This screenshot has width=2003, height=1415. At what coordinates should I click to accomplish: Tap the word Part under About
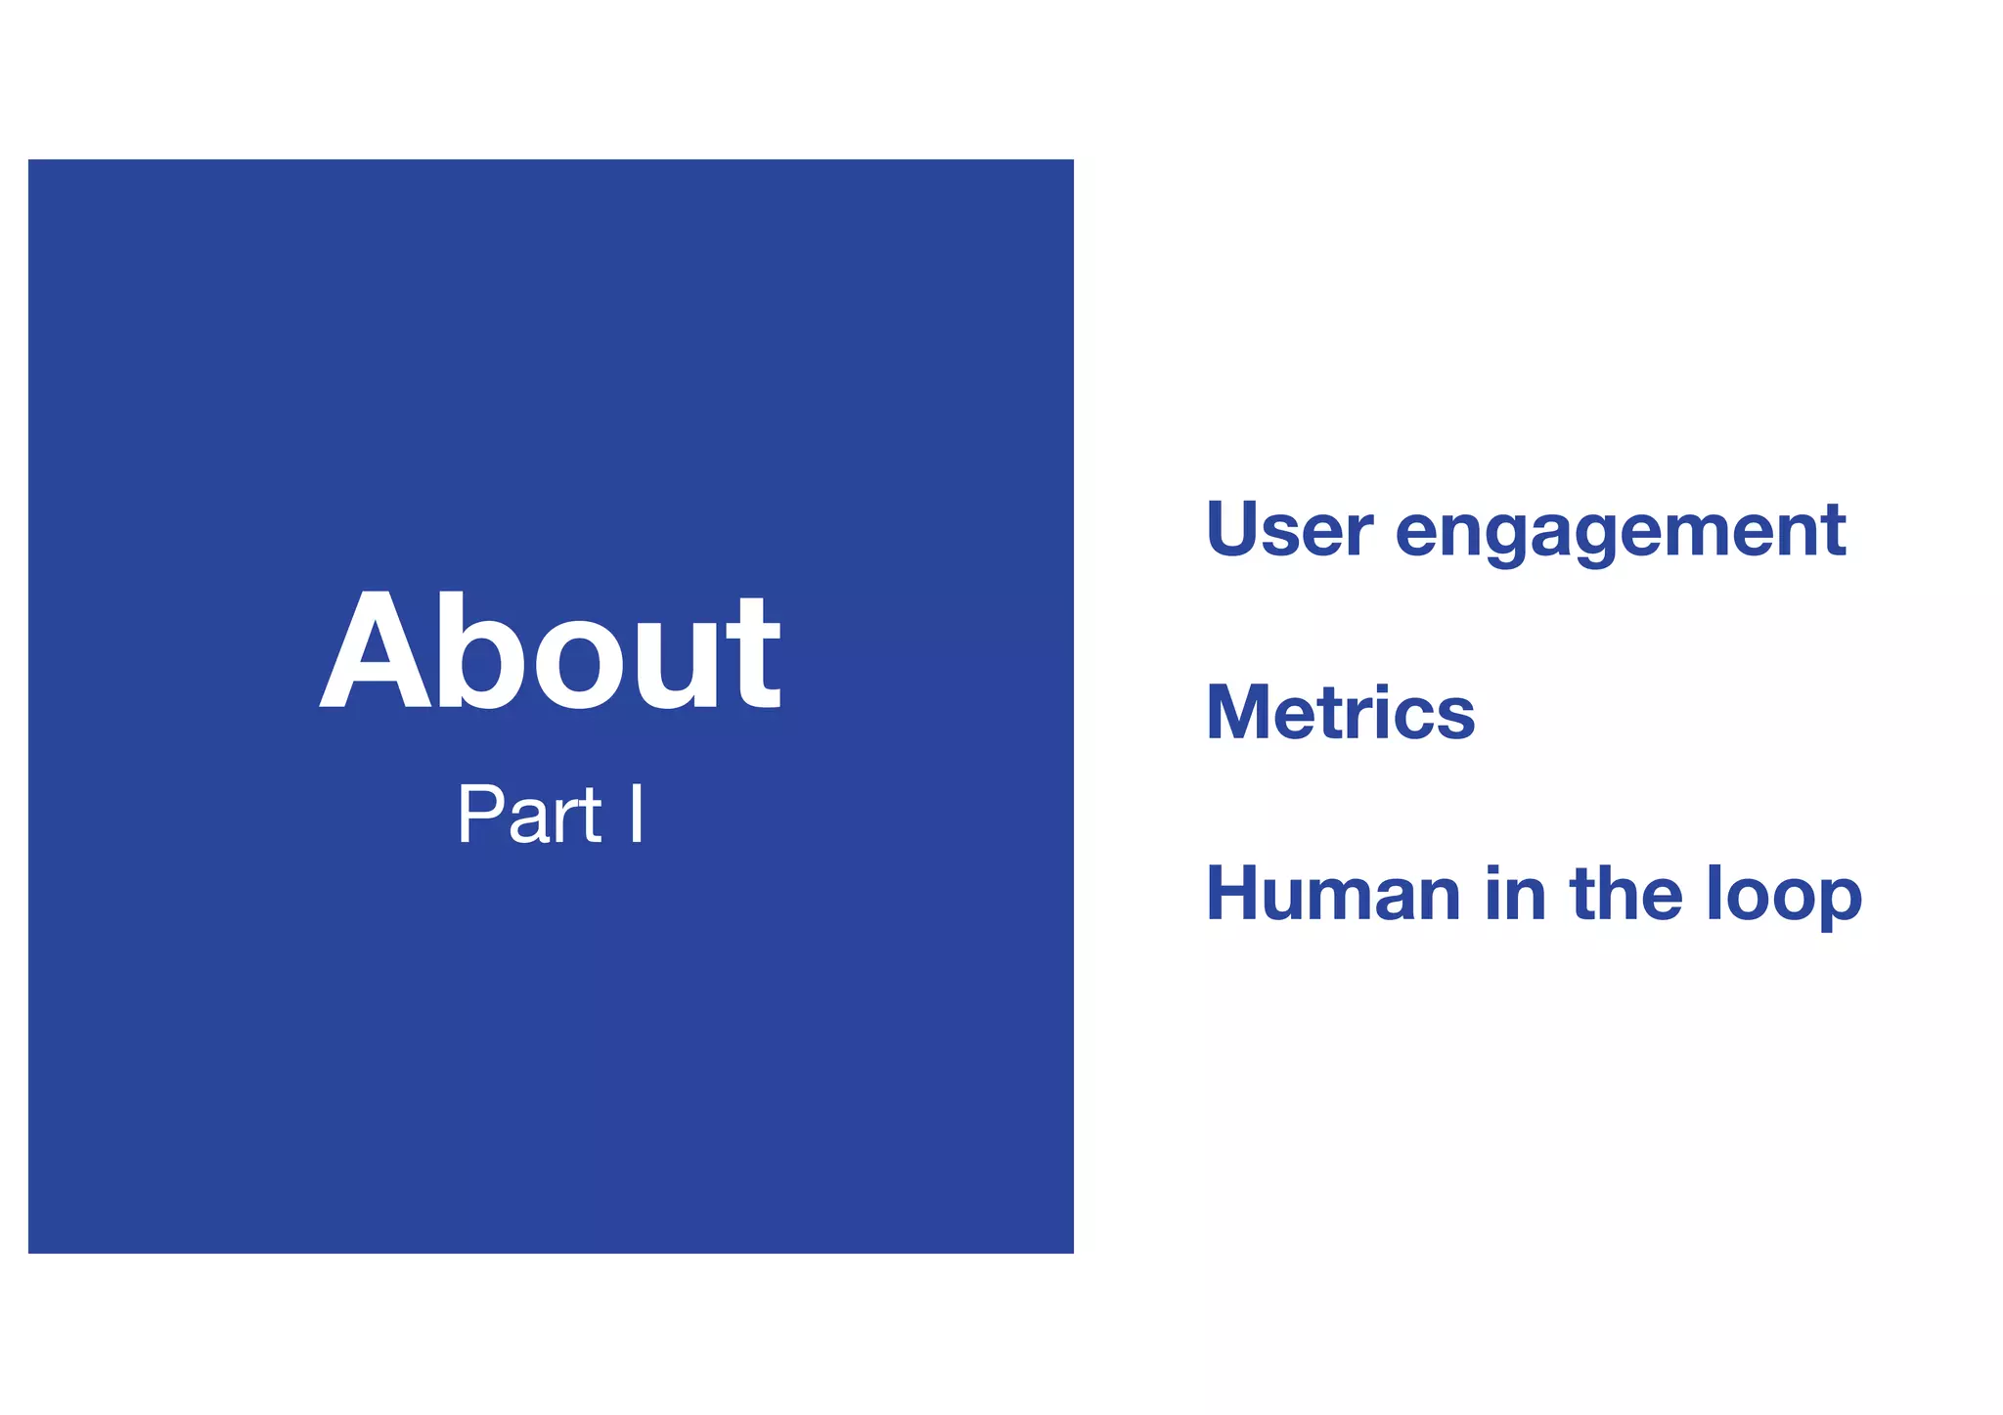point(529,815)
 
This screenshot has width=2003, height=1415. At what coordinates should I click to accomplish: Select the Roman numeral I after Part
point(637,815)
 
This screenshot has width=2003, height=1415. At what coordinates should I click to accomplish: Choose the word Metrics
point(1340,712)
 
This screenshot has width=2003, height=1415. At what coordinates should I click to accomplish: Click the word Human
point(1334,894)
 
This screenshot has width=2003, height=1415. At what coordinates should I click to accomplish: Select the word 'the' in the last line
point(1626,894)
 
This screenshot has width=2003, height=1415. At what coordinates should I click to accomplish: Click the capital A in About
point(375,653)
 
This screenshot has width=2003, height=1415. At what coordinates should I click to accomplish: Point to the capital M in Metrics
point(1243,712)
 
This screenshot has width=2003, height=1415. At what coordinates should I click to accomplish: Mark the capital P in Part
point(481,815)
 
